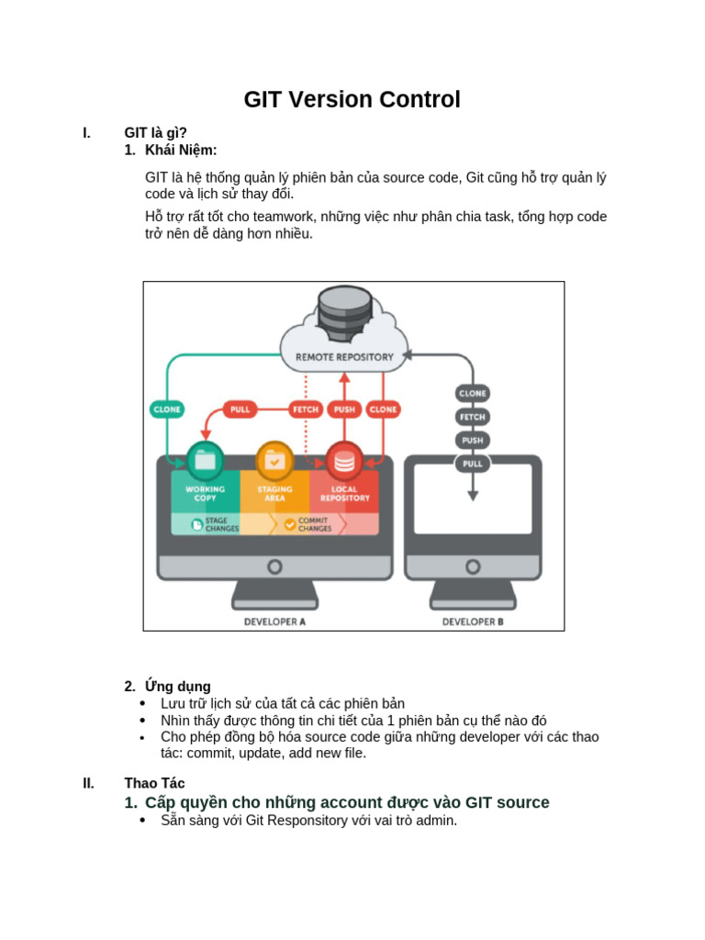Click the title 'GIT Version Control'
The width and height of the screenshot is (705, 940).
click(352, 99)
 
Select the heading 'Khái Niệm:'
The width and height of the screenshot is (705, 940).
click(181, 150)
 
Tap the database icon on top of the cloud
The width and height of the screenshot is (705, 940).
click(343, 311)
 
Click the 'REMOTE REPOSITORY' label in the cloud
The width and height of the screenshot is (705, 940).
click(344, 356)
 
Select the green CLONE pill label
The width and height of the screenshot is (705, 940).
click(167, 409)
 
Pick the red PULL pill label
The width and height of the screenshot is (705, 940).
click(241, 409)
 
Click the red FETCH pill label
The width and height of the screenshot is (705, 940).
click(306, 409)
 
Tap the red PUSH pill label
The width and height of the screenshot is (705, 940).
click(344, 409)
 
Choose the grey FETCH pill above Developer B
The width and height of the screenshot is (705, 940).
click(473, 417)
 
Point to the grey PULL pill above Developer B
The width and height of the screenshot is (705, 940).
click(473, 464)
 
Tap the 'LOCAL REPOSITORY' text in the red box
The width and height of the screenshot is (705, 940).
click(344, 494)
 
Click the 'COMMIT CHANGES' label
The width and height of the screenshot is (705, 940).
click(315, 524)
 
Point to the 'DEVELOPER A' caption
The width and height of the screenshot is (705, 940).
click(274, 621)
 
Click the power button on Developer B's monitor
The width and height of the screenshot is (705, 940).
click(473, 566)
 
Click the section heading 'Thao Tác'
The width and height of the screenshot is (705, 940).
click(154, 783)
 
